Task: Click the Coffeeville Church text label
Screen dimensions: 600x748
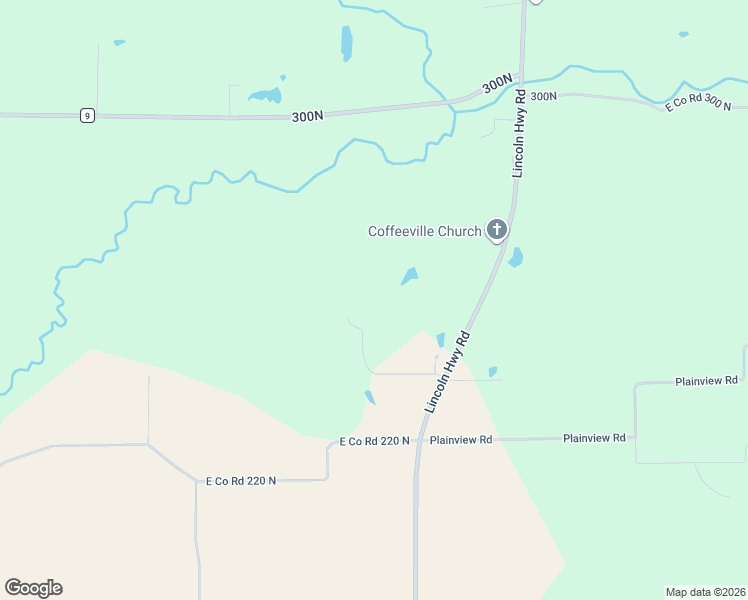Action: (424, 232)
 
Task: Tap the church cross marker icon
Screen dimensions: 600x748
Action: (496, 231)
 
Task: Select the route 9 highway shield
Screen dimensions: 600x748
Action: (88, 116)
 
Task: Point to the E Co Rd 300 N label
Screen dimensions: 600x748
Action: (698, 103)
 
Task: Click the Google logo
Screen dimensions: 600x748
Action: (33, 588)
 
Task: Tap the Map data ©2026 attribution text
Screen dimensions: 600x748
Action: (705, 591)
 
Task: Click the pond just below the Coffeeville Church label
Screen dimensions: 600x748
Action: (409, 275)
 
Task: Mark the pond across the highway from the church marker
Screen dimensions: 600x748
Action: (515, 257)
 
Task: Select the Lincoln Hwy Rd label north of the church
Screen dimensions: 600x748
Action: (519, 134)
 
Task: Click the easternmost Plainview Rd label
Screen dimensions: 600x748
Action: (705, 381)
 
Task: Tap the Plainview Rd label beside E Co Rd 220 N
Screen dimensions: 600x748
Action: (460, 440)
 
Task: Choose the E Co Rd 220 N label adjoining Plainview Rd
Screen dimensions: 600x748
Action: (374, 441)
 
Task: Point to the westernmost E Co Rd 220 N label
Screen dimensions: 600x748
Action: (240, 481)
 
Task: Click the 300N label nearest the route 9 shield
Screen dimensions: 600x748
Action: (308, 116)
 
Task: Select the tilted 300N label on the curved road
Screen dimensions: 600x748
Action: (497, 85)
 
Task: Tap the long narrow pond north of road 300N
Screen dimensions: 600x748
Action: (346, 42)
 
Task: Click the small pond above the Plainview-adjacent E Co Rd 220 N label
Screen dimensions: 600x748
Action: (369, 397)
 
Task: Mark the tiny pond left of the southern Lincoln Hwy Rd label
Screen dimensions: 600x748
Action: (440, 340)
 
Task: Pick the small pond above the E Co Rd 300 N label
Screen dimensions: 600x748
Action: (683, 34)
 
